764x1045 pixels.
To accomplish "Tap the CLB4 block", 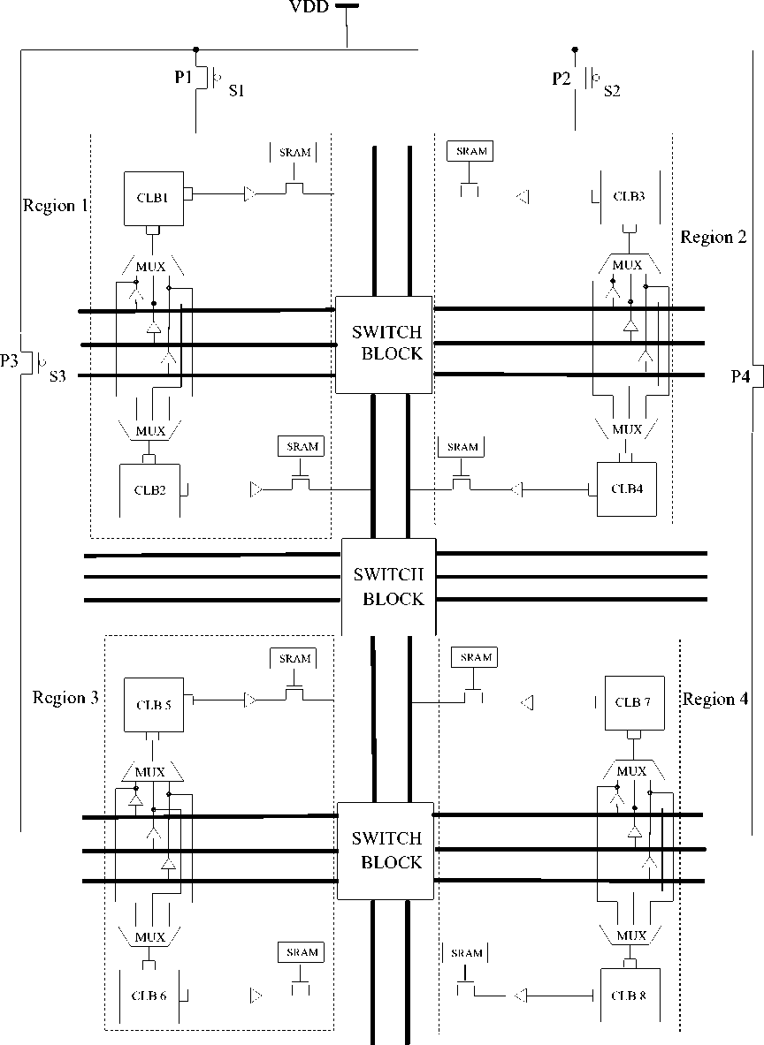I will (627, 488).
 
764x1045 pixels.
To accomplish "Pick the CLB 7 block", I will (634, 702).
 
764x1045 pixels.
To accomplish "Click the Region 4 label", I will (715, 700).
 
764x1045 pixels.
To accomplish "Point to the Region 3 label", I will (65, 698).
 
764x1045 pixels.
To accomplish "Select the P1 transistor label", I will (183, 78).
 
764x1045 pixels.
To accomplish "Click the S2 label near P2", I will (612, 89).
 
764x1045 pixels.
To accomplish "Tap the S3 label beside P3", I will (57, 376).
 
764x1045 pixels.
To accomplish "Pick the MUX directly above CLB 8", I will (630, 935).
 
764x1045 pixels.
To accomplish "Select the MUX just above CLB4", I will (627, 429).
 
